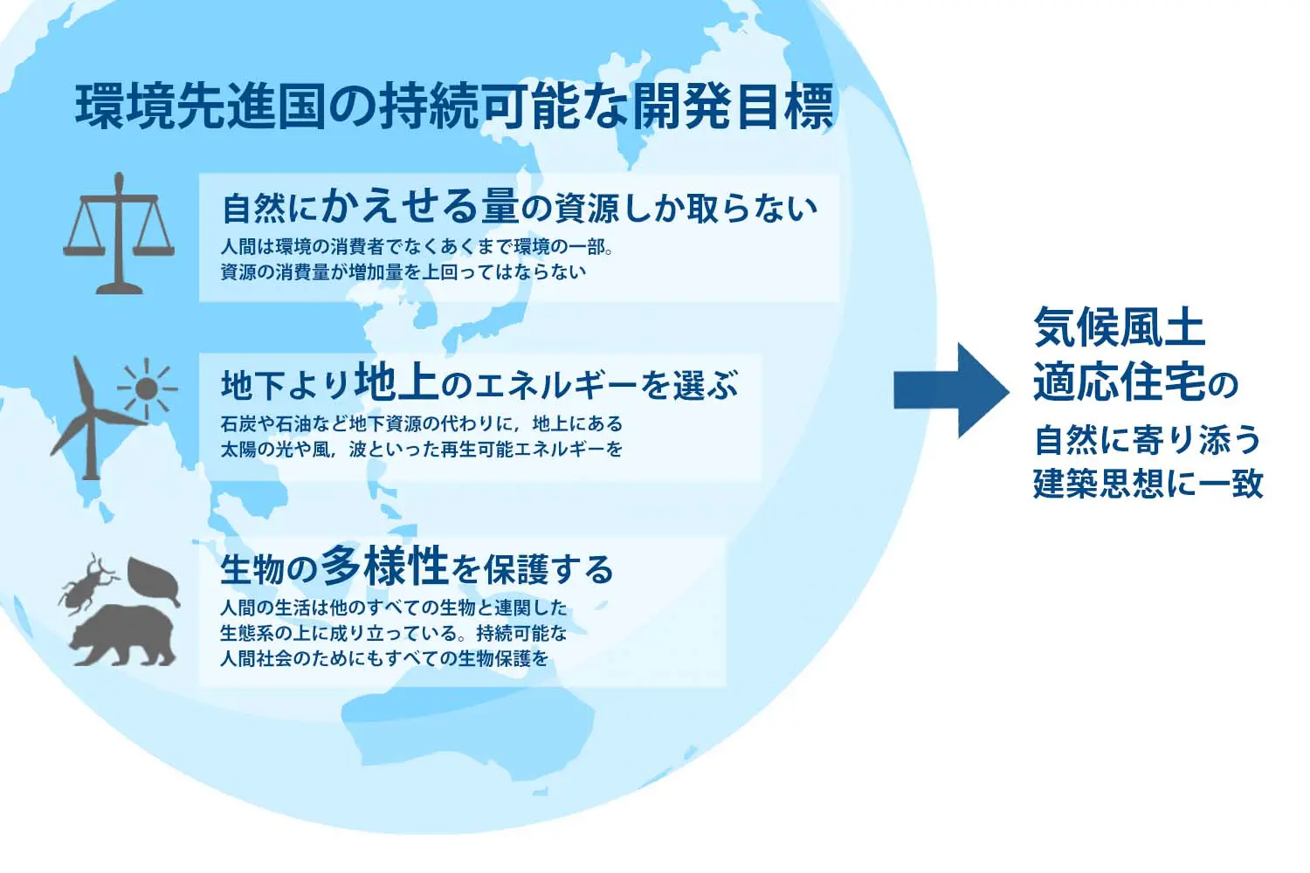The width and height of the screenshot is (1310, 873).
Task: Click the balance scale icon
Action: (x=118, y=233)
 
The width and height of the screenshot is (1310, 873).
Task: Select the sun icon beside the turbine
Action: (x=147, y=387)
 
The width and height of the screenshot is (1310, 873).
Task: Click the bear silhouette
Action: (x=125, y=634)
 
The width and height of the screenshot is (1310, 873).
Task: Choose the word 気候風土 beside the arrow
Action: (x=1119, y=328)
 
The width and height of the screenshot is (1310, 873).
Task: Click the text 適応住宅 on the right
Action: (x=1119, y=382)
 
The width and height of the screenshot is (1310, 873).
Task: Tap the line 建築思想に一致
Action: (x=1148, y=483)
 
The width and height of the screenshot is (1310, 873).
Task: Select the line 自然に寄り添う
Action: (x=1148, y=440)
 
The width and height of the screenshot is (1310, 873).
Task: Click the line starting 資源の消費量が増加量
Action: (x=403, y=272)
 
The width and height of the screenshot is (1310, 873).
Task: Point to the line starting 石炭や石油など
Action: (x=421, y=424)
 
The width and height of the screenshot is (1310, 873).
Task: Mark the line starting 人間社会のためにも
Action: (x=384, y=658)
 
